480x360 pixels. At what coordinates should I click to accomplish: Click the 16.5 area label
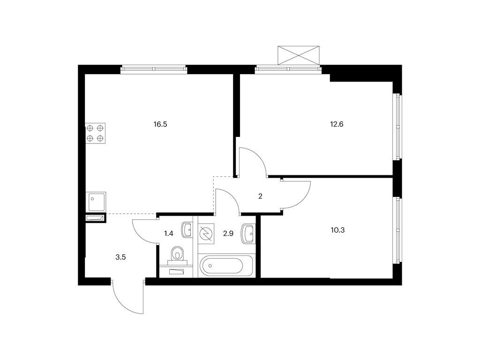pos(160,124)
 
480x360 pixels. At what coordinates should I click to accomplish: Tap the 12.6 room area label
pos(337,124)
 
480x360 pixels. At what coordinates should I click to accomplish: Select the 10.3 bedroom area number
pos(337,230)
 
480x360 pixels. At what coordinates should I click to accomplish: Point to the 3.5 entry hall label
pos(120,257)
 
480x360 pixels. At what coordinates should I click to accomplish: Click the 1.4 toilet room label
pos(169,233)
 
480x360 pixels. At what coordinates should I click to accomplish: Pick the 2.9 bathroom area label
pos(228,233)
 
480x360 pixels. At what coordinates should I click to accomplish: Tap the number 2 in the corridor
pos(260,196)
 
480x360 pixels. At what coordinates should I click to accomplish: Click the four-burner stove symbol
pos(95,133)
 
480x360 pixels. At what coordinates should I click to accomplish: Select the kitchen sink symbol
pos(97,202)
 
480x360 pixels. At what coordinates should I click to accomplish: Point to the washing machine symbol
pos(206,234)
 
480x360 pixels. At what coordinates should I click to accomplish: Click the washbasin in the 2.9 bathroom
pos(248,234)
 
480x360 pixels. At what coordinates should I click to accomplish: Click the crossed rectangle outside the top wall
pos(299,55)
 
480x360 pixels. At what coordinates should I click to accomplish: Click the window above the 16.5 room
pos(154,69)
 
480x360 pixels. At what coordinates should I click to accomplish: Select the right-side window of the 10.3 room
pos(397,230)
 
